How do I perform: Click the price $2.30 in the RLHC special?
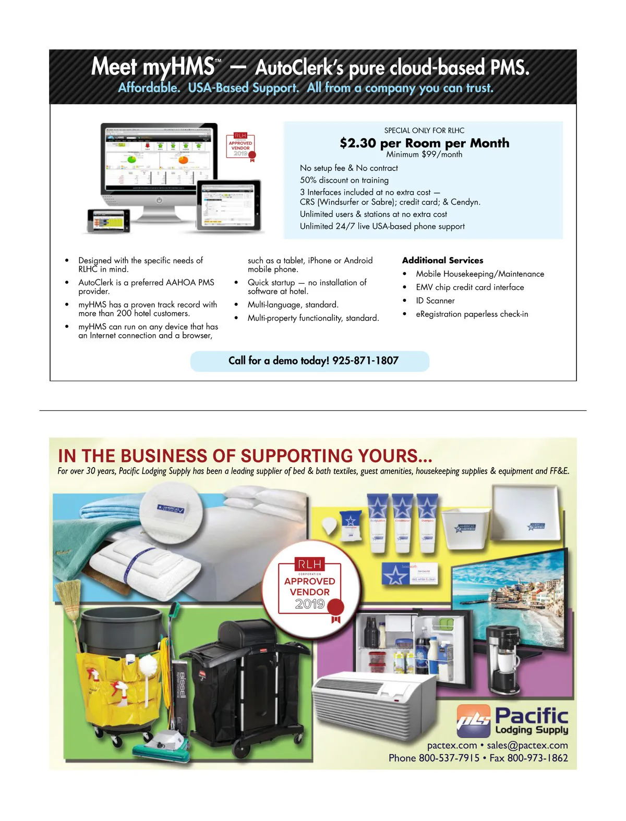(x=357, y=143)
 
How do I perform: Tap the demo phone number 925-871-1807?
(x=365, y=361)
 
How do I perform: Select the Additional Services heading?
(x=442, y=260)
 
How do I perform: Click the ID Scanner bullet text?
(x=435, y=301)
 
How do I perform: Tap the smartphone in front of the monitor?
(x=109, y=220)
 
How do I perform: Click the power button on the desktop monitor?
(x=159, y=200)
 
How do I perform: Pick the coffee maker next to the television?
(x=502, y=660)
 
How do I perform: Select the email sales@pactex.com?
(x=527, y=745)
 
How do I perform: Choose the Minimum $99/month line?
(x=424, y=155)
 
